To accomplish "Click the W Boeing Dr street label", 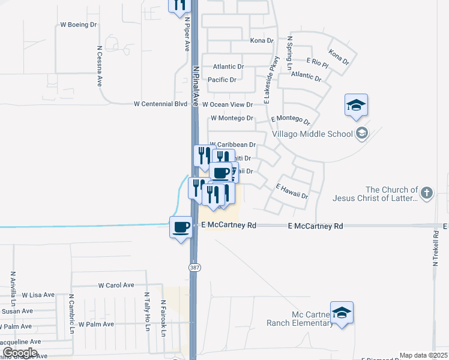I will [x=79, y=25].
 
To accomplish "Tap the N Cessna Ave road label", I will [x=99, y=67].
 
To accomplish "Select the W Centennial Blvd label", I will [x=161, y=104].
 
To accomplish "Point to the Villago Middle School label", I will [x=312, y=133].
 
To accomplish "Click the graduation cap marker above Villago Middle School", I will [x=356, y=106].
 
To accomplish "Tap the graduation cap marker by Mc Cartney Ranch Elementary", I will [x=342, y=313].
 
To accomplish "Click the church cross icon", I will [x=426, y=193].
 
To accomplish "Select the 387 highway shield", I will [x=194, y=267].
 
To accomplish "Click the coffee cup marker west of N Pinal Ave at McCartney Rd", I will [x=181, y=227].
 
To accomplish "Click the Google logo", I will [x=19, y=353].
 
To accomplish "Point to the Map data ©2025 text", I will [x=423, y=355].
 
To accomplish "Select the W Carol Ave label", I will [x=116, y=286].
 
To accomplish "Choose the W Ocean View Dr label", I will [x=228, y=104].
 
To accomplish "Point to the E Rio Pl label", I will [x=317, y=62].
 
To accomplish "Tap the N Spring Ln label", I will [x=290, y=53].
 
